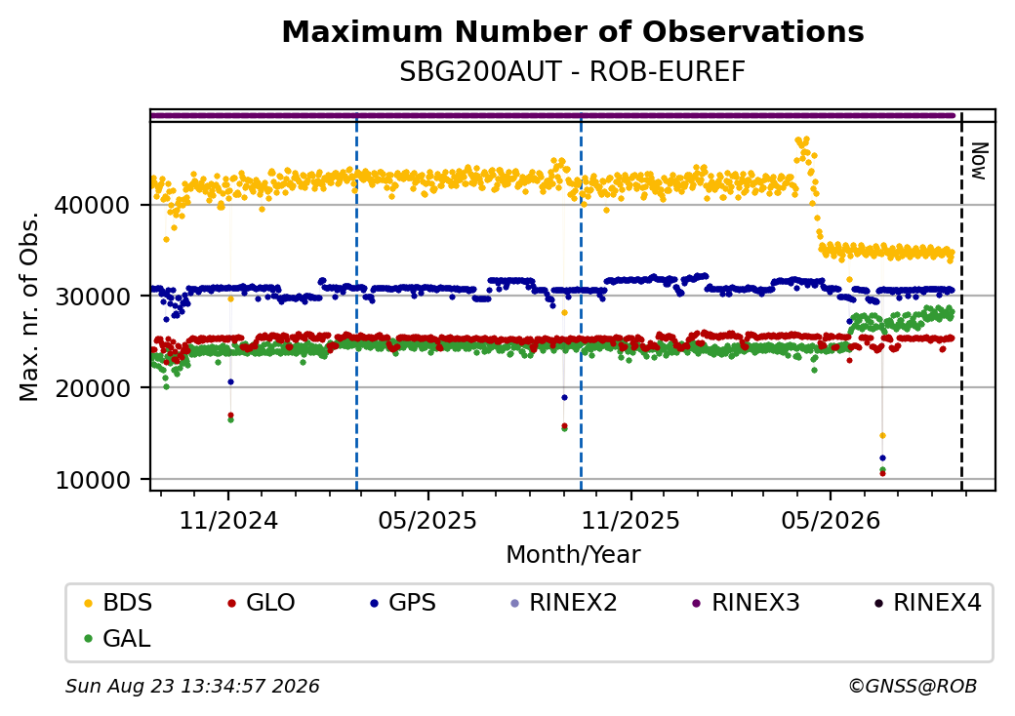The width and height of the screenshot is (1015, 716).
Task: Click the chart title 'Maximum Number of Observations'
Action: click(573, 31)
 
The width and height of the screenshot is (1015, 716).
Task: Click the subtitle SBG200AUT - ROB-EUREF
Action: click(572, 72)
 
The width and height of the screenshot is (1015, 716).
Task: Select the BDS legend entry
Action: click(118, 603)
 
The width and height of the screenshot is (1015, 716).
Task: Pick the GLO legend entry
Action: click(262, 603)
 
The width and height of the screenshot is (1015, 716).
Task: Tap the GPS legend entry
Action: click(403, 603)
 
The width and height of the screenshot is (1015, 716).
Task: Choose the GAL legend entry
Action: click(118, 638)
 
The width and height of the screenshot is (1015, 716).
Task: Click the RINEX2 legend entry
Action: click(564, 603)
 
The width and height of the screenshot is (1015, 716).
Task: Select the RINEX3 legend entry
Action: click(747, 603)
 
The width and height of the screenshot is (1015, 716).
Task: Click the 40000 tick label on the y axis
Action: click(93, 206)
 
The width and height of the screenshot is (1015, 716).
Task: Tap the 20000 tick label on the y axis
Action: click(93, 388)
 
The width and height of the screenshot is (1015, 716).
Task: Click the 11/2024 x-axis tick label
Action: click(227, 521)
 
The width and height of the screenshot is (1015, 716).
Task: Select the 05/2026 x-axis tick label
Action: click(831, 521)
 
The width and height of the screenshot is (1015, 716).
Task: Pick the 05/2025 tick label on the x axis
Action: click(427, 521)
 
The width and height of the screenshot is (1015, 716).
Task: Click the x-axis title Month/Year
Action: click(573, 555)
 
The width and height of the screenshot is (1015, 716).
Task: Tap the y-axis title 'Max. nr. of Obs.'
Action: click(29, 306)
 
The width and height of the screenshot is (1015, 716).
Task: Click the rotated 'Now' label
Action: click(980, 161)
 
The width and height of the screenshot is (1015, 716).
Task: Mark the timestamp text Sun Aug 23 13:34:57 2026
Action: click(192, 686)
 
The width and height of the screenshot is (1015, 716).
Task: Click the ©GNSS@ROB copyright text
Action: click(913, 686)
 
